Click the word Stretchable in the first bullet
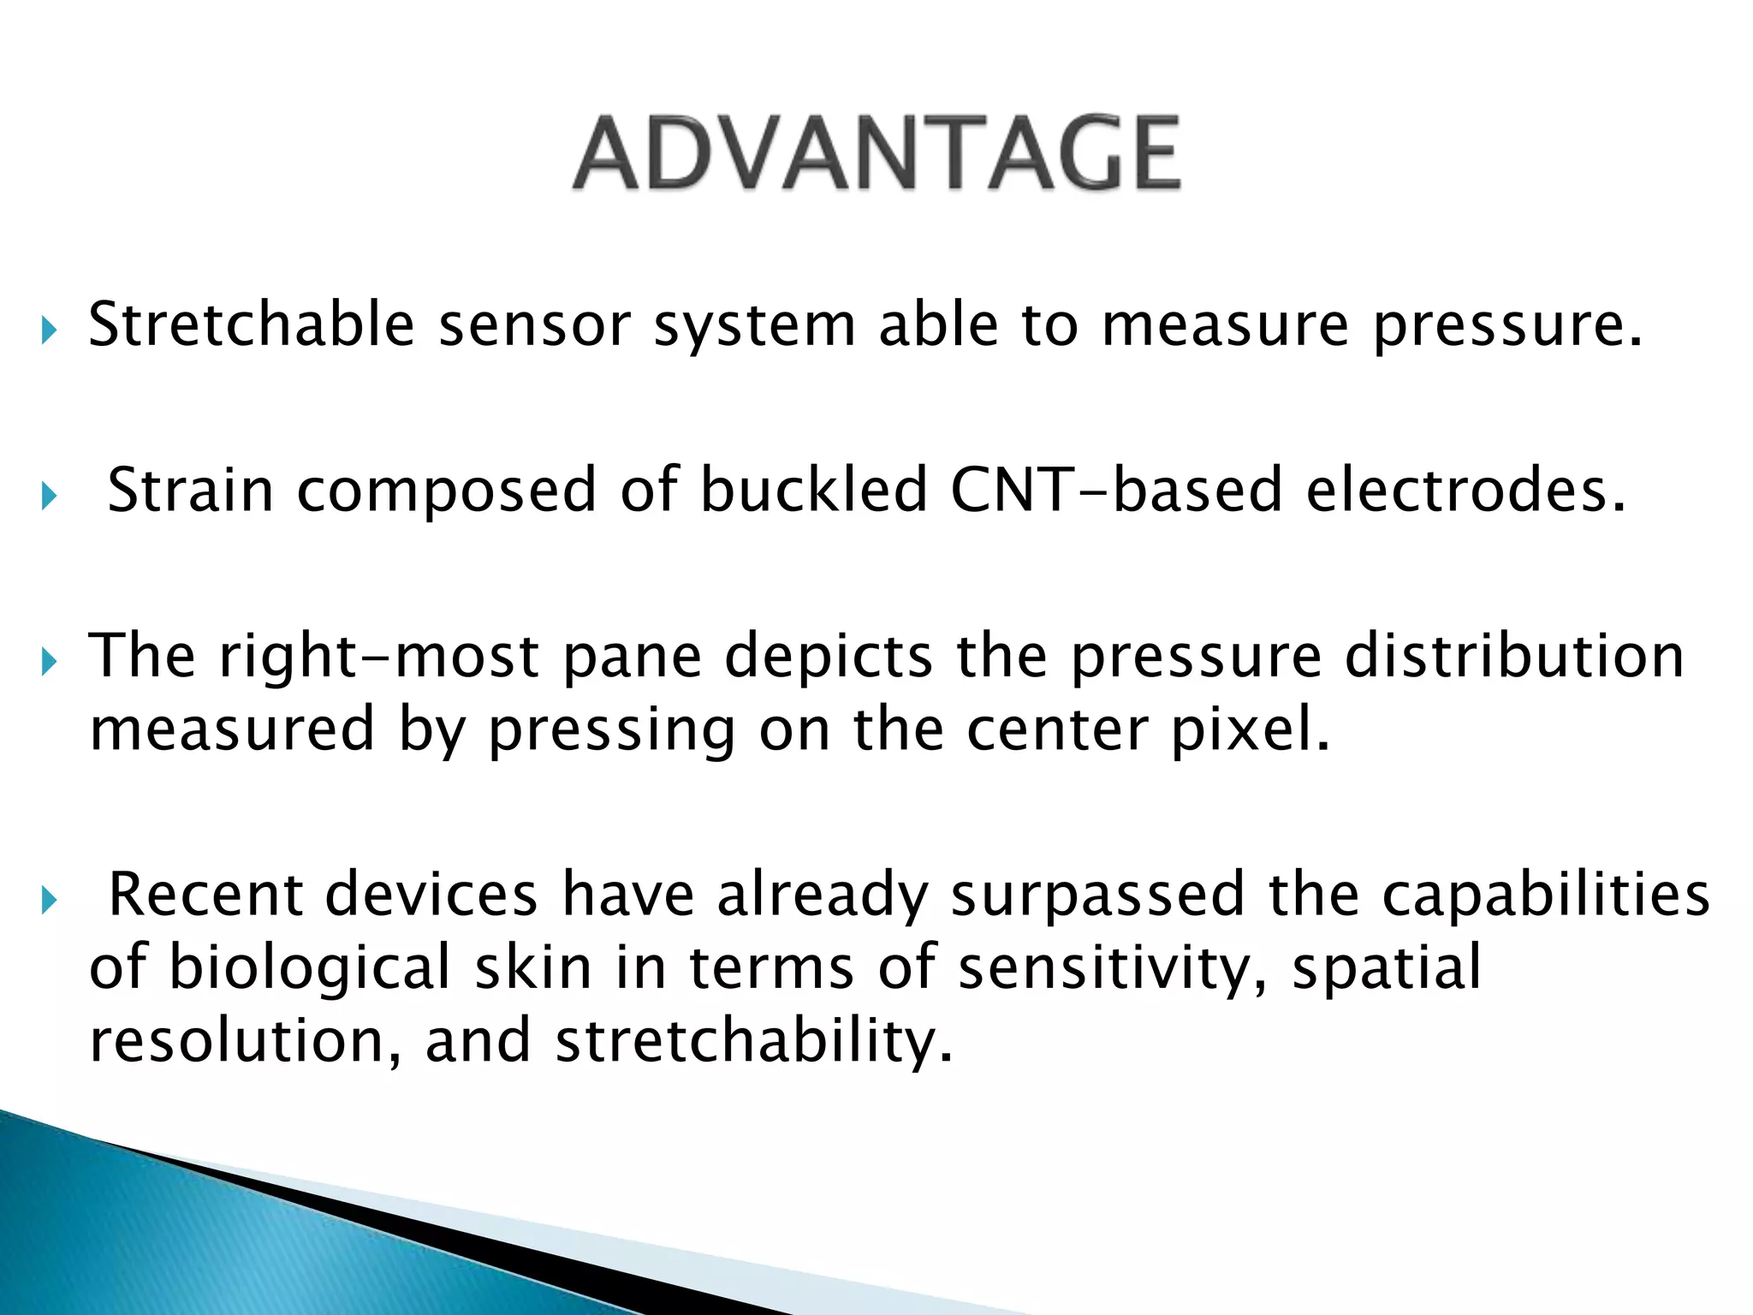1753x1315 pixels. pyautogui.click(x=251, y=326)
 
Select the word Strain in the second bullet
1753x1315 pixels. pyautogui.click(x=190, y=491)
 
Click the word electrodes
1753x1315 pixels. pyautogui.click(x=1465, y=491)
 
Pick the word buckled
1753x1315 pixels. pyautogui.click(x=813, y=491)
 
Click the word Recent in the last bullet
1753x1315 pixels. pyautogui.click(x=205, y=896)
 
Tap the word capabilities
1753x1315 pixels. pyautogui.click(x=1546, y=896)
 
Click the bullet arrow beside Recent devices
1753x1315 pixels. pyautogui.click(x=48, y=900)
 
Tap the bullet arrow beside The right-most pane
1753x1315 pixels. pyautogui.click(x=48, y=661)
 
